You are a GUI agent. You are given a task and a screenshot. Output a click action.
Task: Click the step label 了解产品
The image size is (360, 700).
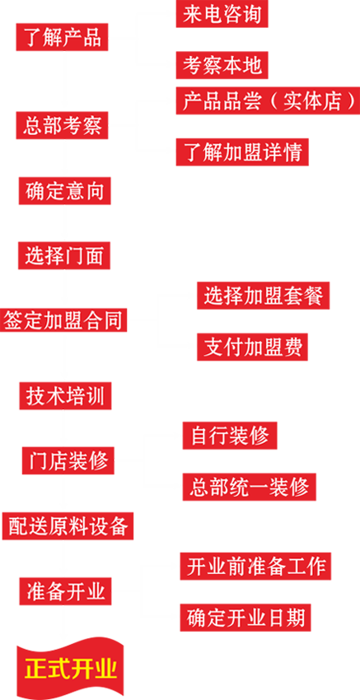click(x=63, y=38)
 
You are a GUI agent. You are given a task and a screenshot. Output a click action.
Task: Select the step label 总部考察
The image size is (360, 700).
click(x=63, y=126)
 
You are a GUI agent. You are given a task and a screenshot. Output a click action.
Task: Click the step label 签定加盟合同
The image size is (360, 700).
click(x=63, y=320)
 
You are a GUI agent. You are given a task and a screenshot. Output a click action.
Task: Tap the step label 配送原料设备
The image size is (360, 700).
click(x=68, y=525)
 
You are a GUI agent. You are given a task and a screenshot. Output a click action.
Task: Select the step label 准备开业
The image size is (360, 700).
click(x=66, y=590)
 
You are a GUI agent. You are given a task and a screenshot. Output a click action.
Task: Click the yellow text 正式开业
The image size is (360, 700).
click(x=71, y=668)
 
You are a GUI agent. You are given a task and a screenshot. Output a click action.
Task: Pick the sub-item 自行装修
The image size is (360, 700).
click(x=229, y=436)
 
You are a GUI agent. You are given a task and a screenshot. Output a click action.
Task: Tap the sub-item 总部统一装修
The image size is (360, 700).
click(x=249, y=487)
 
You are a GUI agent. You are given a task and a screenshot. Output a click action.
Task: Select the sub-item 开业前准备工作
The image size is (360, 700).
click(x=256, y=567)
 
